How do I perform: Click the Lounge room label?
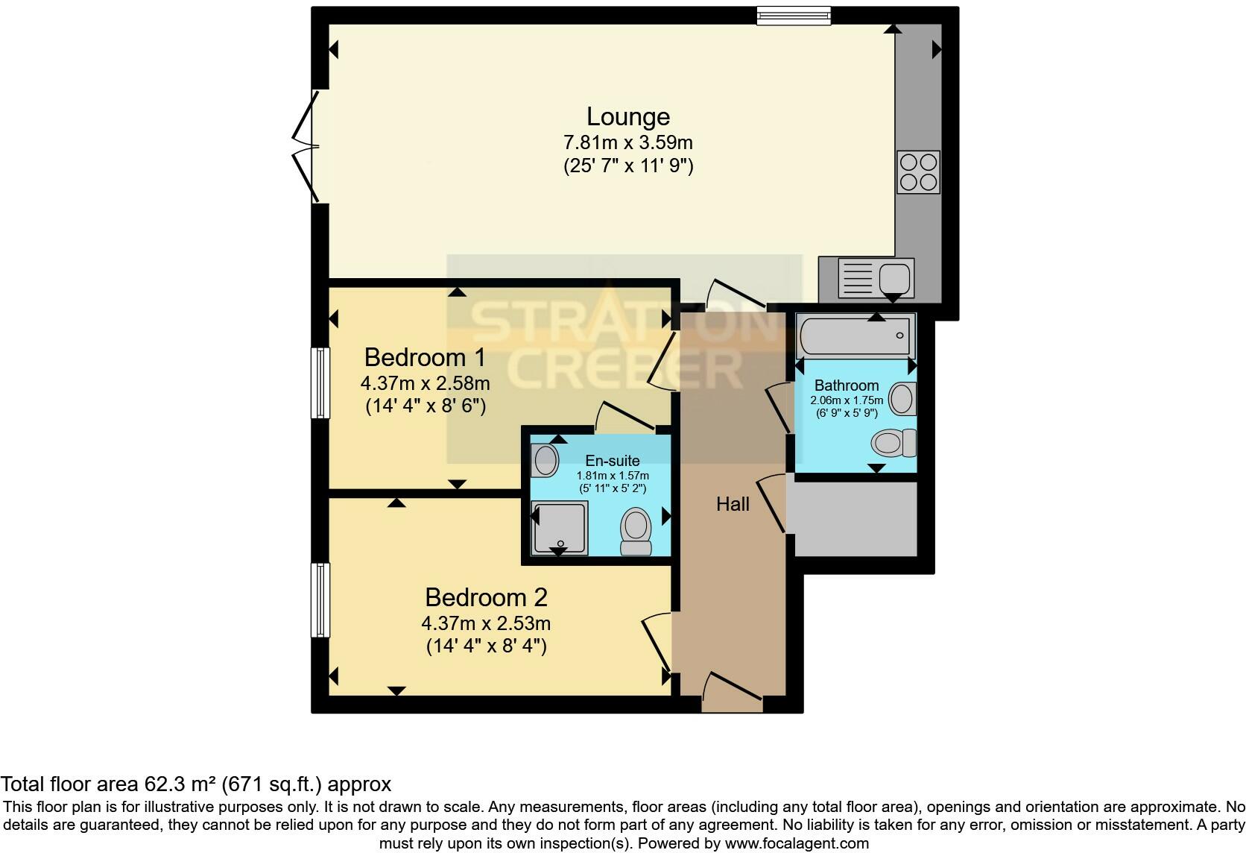coord(627,116)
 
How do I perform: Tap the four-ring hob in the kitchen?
coord(917,172)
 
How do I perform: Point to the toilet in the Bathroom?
coord(893,443)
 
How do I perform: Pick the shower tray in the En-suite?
coord(559,528)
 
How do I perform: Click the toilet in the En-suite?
coord(636,531)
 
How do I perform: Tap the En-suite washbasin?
coord(544,461)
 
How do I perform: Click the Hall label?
coord(733,505)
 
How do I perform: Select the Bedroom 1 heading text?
coord(425,358)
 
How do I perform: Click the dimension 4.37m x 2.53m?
coord(486,623)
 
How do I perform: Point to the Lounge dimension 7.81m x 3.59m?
coord(627,142)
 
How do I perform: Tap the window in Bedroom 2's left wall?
coord(320,600)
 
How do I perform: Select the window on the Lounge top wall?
coord(793,15)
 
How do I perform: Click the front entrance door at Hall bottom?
coord(732,692)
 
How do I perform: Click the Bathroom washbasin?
coord(902,398)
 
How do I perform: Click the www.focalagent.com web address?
coord(797,844)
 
